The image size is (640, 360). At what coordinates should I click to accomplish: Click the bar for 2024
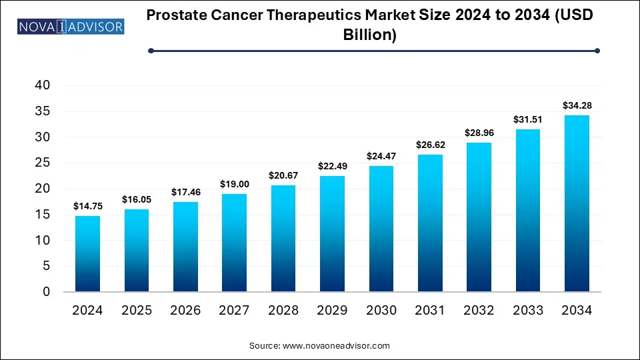87,253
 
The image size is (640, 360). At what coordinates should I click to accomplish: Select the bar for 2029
332,233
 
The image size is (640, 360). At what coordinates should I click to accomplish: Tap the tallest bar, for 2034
577,203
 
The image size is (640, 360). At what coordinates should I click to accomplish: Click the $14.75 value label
87,207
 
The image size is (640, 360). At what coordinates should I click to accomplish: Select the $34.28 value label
577,105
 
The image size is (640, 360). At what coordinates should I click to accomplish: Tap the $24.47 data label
381,156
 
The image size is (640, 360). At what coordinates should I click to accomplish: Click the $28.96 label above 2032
479,133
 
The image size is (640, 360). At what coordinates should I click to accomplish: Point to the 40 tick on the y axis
42,85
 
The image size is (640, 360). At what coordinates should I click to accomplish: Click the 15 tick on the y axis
42,215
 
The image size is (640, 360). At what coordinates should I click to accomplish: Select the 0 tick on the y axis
46,292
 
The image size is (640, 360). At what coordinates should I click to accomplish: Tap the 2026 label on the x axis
185,311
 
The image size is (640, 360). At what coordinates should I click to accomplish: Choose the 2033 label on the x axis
528,311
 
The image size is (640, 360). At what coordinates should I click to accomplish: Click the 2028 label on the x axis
283,311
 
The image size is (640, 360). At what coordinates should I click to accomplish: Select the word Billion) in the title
370,35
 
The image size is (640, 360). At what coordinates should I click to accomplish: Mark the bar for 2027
234,243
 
